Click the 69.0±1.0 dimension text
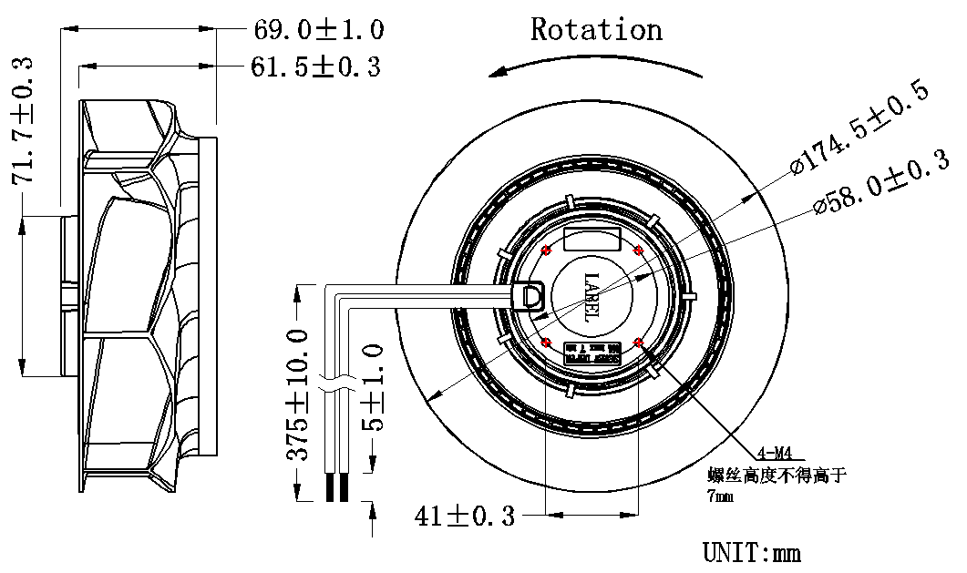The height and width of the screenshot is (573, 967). tap(317, 30)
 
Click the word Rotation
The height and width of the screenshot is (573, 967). tap(596, 29)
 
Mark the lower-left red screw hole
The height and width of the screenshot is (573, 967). tap(546, 343)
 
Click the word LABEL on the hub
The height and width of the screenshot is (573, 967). tap(591, 296)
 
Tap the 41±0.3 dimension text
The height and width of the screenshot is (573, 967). tap(464, 517)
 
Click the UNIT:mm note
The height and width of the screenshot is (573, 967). tap(751, 552)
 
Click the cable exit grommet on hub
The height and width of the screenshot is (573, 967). tap(528, 295)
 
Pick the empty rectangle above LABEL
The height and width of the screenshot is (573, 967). tap(592, 240)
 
